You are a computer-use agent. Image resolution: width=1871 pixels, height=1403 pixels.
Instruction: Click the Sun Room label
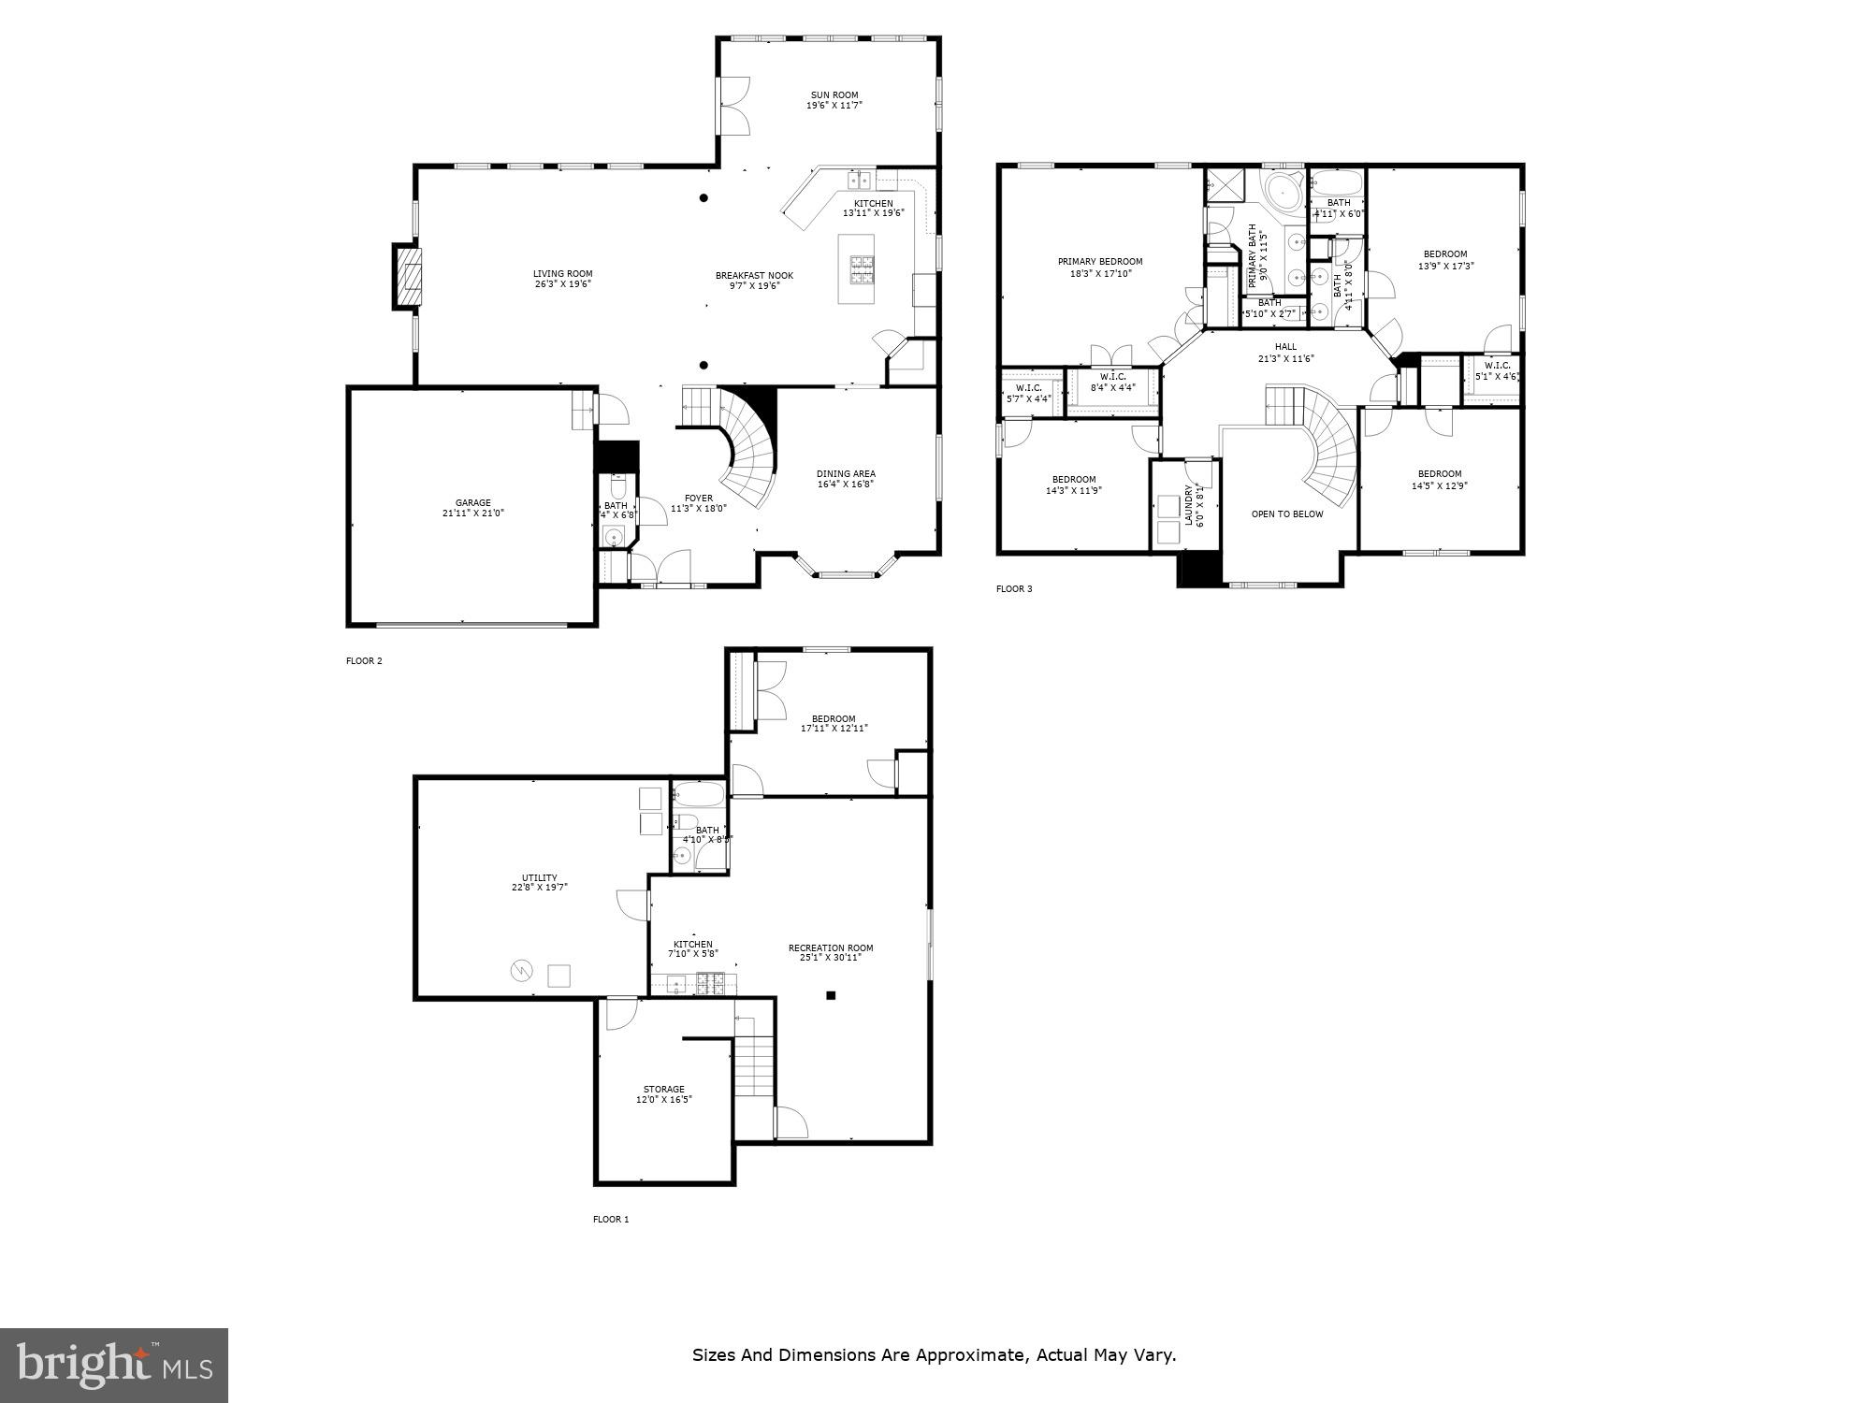coord(834,94)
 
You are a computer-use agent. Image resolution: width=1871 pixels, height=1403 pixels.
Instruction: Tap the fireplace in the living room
coord(408,276)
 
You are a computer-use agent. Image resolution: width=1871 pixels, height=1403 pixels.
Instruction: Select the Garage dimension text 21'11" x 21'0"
coord(473,513)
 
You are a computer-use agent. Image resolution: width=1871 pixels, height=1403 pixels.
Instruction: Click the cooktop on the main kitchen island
coord(862,269)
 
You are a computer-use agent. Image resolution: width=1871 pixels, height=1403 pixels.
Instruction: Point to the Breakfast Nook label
coord(754,275)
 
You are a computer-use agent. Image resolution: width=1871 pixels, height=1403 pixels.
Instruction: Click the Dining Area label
coord(846,473)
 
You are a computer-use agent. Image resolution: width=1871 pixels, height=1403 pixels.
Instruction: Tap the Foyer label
coord(698,498)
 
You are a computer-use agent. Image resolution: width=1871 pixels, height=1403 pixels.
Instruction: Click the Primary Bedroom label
coord(1100,262)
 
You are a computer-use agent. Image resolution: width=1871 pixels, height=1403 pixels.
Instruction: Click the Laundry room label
coord(1189,505)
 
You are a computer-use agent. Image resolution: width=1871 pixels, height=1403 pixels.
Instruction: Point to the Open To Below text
coord(1287,514)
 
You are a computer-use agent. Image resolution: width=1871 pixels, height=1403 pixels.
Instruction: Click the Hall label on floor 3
coord(1285,347)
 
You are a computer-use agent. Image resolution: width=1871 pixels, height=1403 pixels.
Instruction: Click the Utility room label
coord(539,878)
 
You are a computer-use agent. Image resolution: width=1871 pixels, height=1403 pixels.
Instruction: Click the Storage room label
coord(663,1090)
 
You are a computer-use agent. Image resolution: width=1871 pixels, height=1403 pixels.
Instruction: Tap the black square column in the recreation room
coord(830,995)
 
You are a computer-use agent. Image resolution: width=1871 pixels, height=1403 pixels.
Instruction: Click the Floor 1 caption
coord(611,1220)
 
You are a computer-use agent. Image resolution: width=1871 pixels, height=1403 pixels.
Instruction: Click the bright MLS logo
coord(113,1365)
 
